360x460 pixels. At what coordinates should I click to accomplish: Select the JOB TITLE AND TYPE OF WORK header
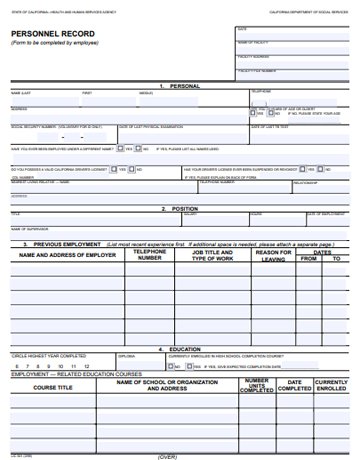tap(211, 255)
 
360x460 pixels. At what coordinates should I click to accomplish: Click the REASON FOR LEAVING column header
tap(273, 255)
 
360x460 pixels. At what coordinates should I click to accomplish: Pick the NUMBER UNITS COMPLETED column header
tap(257, 386)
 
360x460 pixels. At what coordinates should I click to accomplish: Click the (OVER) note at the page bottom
tap(167, 455)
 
